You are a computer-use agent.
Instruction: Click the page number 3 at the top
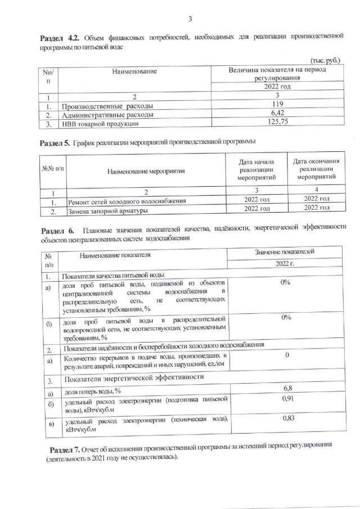(190, 20)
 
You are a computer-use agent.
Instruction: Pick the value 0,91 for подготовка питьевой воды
(286, 399)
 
